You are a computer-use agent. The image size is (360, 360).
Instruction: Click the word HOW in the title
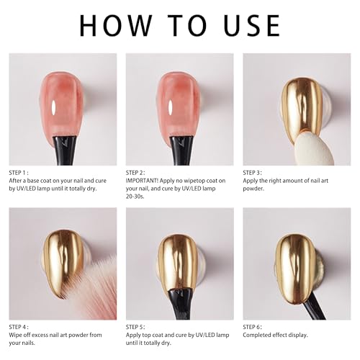pos(116,25)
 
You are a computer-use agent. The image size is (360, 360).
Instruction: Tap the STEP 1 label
pos(19,173)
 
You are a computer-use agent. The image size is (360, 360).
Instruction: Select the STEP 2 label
pos(135,173)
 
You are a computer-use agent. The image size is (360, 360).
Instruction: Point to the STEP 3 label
pos(252,173)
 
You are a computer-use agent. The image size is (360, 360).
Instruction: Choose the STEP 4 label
pos(19,327)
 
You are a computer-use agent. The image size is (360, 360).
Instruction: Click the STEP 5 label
pos(135,327)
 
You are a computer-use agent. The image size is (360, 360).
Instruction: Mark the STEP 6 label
pos(252,327)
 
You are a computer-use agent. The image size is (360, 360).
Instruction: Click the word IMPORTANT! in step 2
pos(142,181)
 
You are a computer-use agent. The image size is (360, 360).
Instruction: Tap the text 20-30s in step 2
pos(135,197)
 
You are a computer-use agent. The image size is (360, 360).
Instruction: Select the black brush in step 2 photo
pos(181,150)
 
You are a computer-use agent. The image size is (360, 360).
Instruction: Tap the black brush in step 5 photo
pos(179,305)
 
